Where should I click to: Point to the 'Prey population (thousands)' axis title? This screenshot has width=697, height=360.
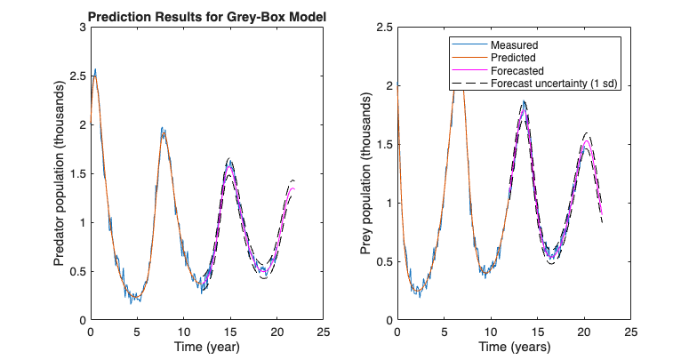point(366,174)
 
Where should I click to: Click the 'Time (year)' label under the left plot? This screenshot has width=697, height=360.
point(206,346)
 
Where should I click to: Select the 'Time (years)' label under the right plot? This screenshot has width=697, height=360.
point(514,346)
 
